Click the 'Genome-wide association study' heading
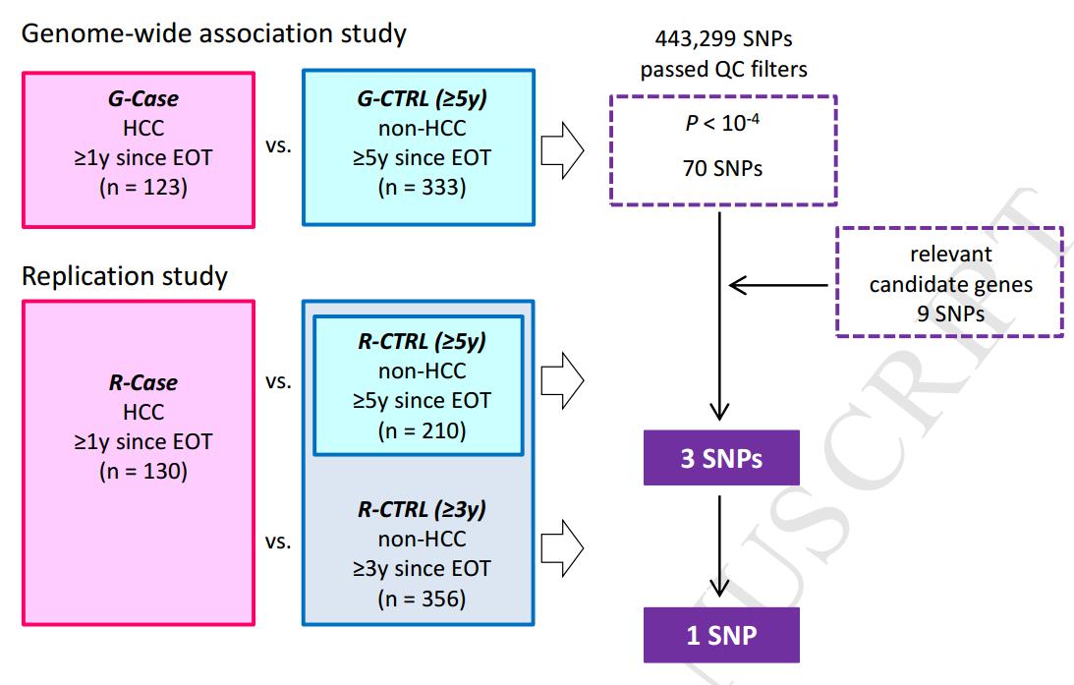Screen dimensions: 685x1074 tap(214, 34)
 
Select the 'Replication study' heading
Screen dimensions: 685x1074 tap(124, 276)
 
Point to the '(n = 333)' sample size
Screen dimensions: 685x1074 tap(420, 187)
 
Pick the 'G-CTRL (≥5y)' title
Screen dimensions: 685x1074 tap(420, 98)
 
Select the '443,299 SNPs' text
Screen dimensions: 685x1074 tap(723, 39)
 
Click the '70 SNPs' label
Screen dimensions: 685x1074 tap(723, 169)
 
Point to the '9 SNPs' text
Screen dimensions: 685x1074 tap(949, 315)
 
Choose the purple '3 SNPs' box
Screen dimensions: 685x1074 tap(721, 458)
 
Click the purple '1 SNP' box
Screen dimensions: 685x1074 tap(721, 635)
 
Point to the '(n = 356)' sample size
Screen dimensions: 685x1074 tap(420, 598)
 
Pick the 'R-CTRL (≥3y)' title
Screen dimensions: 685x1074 tap(420, 510)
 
